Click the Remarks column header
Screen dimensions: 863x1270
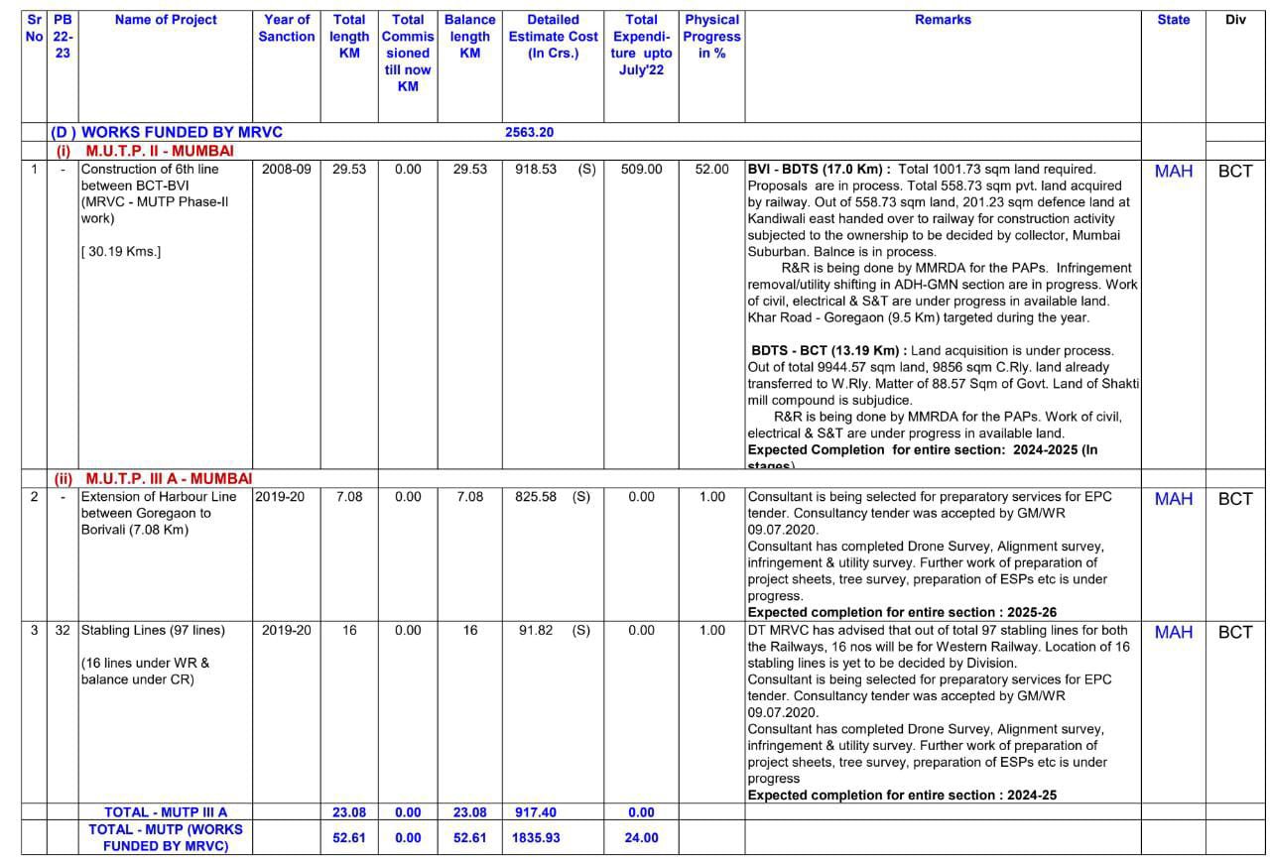943,20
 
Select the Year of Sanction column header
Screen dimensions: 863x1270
287,28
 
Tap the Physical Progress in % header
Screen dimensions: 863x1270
711,36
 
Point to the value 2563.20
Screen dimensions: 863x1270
529,132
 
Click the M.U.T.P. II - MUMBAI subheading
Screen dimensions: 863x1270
160,151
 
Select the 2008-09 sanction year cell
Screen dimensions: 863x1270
287,170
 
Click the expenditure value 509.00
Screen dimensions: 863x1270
641,170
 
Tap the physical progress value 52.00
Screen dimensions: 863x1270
711,170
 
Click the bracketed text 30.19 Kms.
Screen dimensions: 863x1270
121,251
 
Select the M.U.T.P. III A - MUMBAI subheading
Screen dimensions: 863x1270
169,479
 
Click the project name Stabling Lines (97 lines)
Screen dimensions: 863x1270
153,630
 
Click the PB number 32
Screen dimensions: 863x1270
63,630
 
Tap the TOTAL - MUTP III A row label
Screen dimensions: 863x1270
166,812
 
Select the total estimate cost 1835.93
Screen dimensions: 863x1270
536,837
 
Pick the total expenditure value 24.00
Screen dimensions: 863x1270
641,837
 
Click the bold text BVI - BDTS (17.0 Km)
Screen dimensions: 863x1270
819,170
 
